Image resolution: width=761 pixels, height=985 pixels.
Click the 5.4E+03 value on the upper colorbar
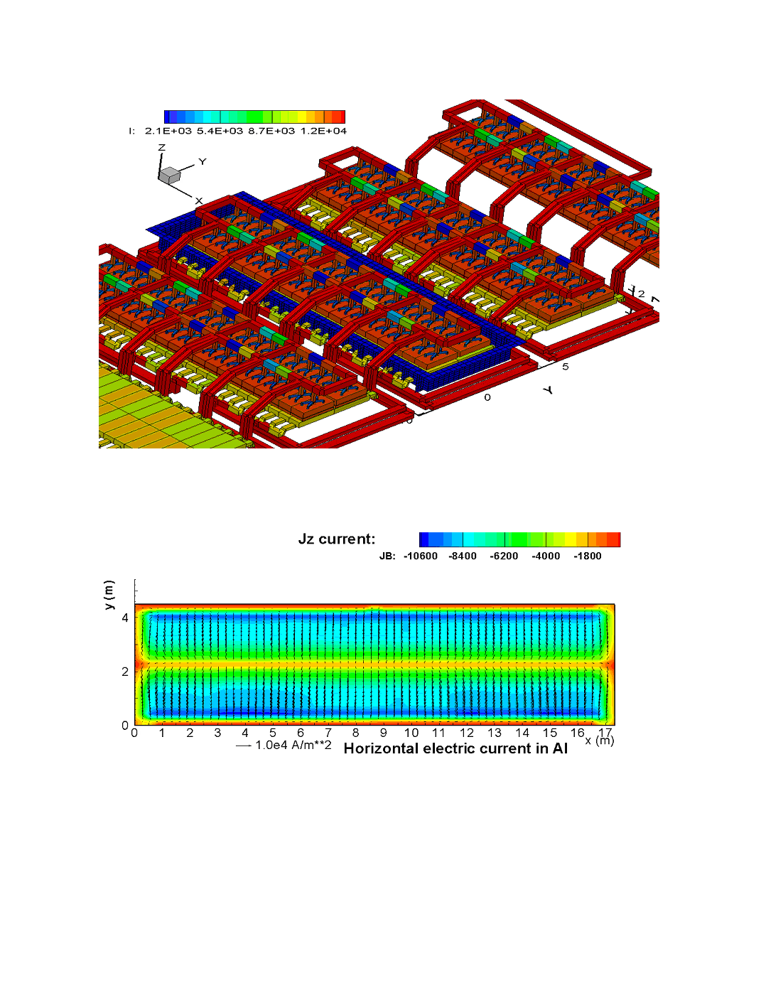220,131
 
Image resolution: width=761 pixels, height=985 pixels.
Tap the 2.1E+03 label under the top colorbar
168,131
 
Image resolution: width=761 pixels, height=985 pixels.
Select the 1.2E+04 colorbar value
323,131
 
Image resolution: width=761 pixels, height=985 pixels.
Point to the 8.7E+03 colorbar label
271,131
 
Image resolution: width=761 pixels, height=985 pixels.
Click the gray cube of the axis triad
171,175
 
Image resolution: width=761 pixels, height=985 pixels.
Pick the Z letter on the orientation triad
162,147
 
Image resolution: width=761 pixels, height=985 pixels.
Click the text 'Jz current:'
337,539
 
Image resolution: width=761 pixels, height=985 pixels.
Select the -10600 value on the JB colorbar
421,556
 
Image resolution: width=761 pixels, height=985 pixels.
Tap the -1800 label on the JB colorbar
588,556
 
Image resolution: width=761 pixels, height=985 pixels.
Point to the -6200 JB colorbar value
504,556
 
